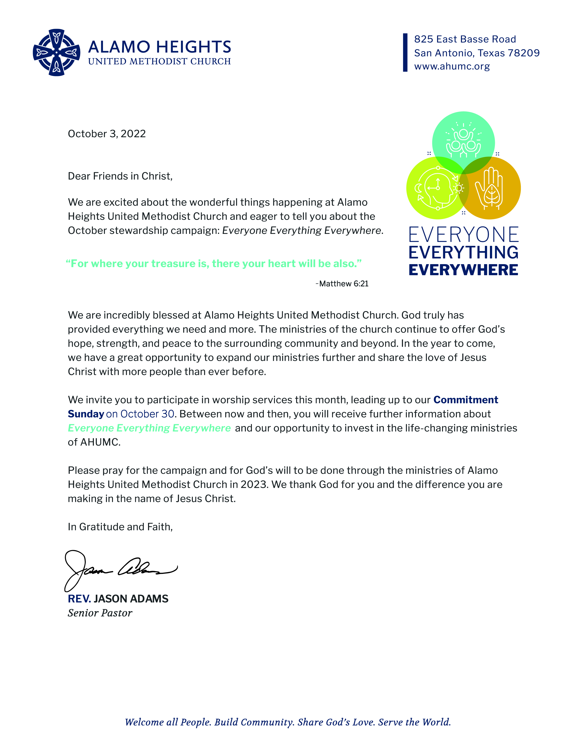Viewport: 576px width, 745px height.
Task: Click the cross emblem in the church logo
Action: click(57, 52)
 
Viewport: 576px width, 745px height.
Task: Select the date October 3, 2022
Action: click(107, 134)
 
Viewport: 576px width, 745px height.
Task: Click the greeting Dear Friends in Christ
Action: click(120, 176)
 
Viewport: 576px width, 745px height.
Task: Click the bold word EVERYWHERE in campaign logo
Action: click(463, 270)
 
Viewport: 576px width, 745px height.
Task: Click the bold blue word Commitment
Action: click(466, 400)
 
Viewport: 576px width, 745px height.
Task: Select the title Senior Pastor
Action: click(100, 613)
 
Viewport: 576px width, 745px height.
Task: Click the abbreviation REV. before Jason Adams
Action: click(79, 599)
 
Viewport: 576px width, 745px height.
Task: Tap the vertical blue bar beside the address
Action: click(405, 53)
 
